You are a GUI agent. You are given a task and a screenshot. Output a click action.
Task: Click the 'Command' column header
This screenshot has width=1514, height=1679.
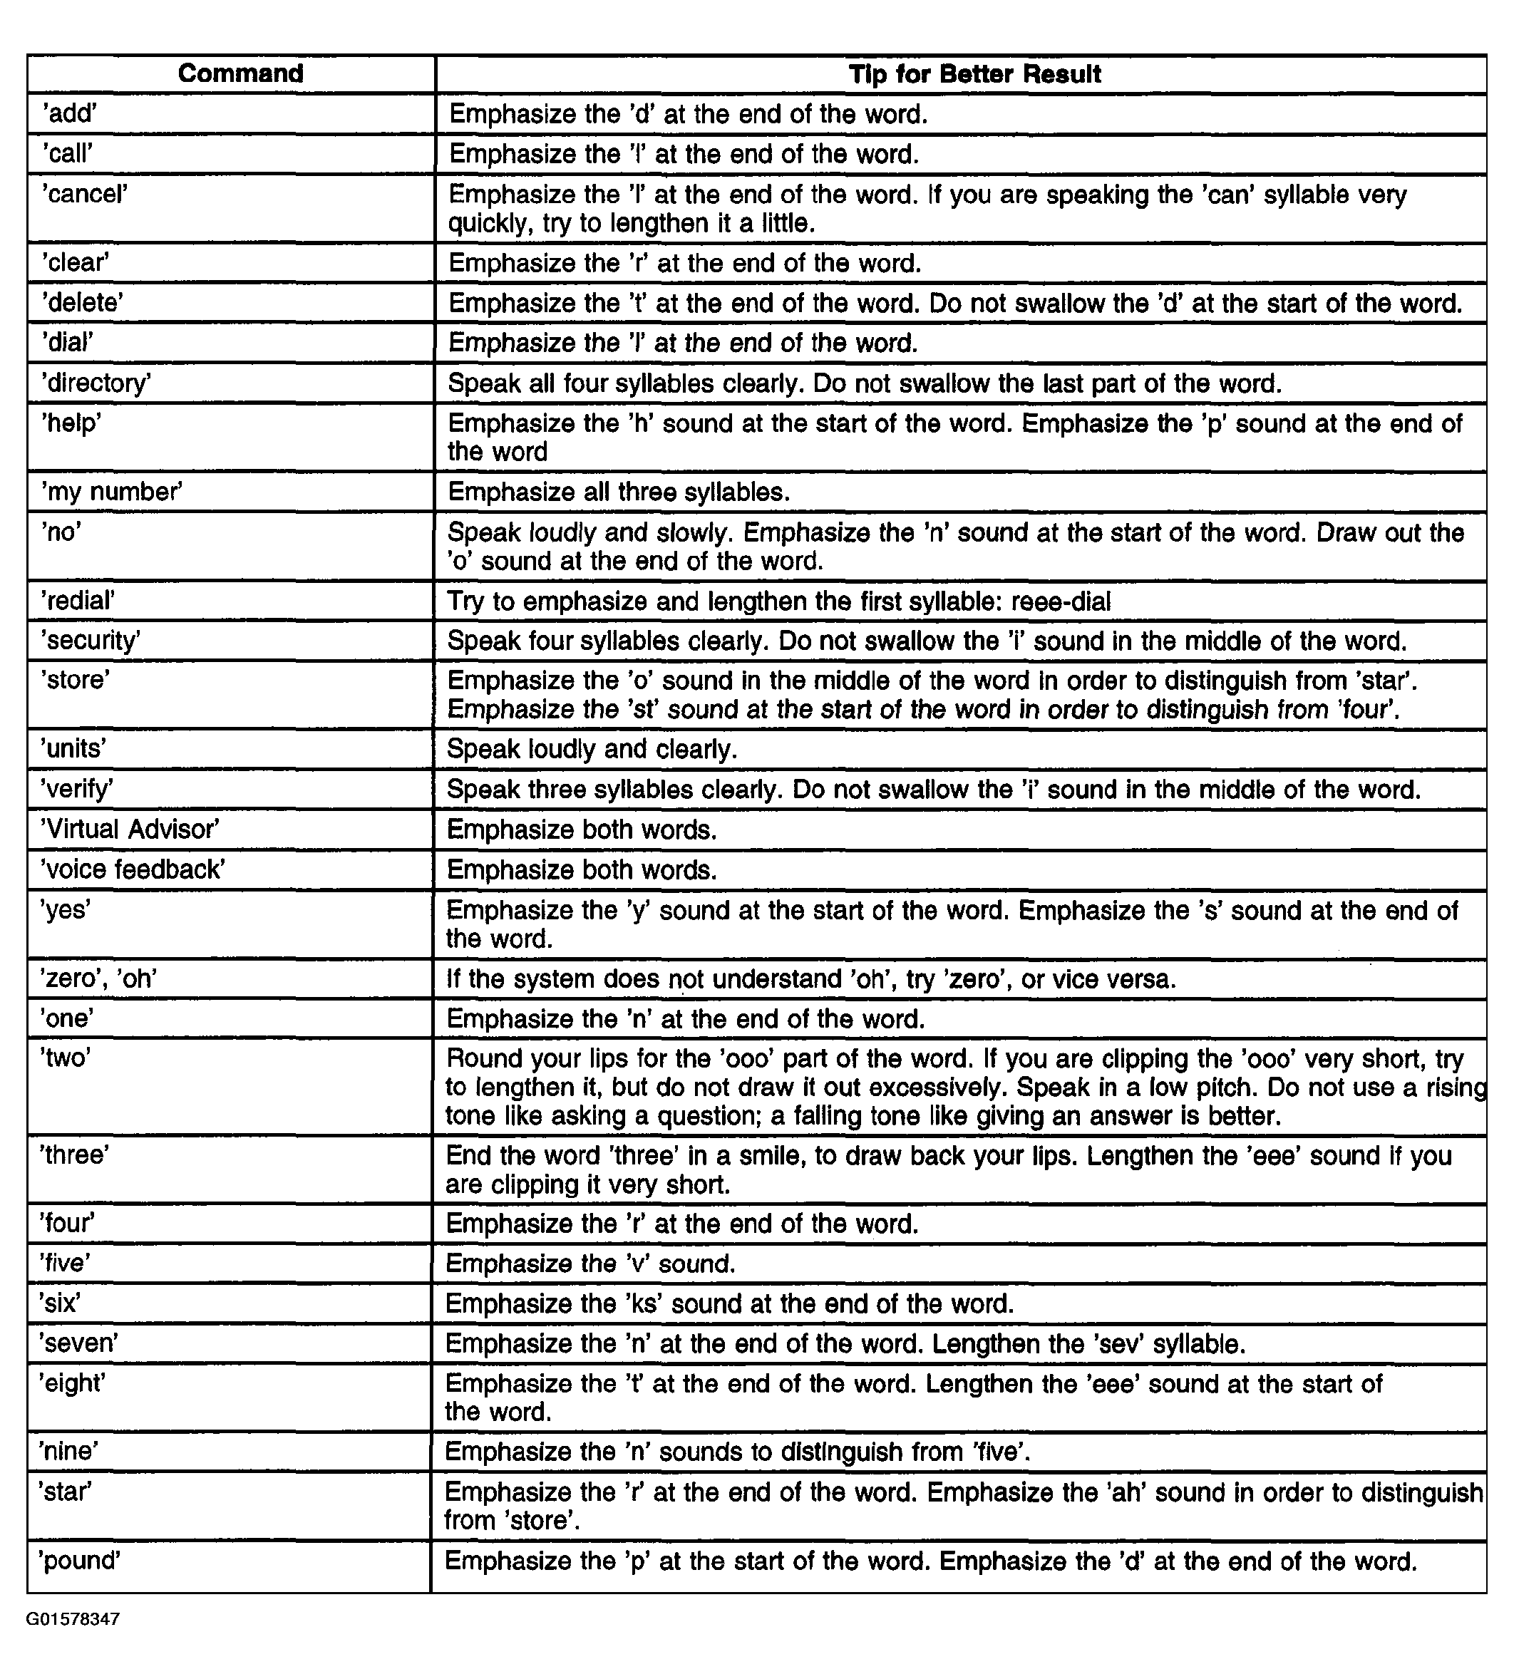click(240, 73)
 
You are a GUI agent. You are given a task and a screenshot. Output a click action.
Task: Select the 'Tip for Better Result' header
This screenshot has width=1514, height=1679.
click(974, 74)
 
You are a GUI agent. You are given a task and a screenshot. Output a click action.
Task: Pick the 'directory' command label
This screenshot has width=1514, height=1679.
click(96, 383)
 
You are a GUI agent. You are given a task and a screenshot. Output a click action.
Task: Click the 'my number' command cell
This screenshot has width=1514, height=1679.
click(111, 492)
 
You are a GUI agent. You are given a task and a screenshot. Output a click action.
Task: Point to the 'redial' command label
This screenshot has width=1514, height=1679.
click(78, 601)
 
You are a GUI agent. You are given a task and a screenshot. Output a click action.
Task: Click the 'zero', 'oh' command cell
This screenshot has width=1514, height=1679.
click(99, 978)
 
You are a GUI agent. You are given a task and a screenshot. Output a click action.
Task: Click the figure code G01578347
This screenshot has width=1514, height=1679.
click(73, 1619)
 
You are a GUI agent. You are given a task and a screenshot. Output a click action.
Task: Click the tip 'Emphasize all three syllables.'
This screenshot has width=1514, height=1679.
click(618, 492)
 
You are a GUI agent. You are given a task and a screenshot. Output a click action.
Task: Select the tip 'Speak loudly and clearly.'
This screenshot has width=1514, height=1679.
click(592, 749)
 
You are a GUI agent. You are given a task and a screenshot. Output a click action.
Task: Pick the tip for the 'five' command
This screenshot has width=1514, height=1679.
click(591, 1264)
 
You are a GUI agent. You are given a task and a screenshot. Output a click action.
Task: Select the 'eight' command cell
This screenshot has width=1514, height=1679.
click(73, 1383)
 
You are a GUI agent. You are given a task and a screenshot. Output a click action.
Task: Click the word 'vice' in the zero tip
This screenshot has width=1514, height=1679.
click(1076, 978)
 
